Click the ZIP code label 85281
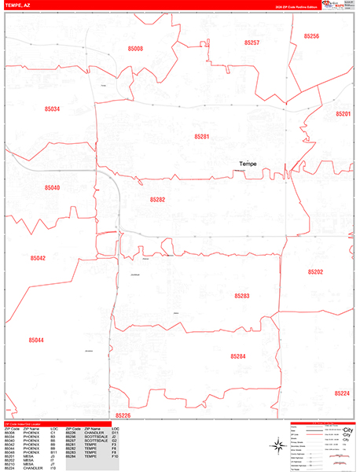[202, 137]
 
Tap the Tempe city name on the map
[248, 164]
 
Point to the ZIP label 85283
[241, 296]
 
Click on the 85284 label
[238, 356]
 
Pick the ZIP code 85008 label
[136, 49]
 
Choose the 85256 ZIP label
[311, 36]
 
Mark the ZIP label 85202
[316, 271]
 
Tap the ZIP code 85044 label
[36, 340]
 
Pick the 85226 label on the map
[123, 415]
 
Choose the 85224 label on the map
[341, 393]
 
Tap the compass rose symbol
[277, 446]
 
